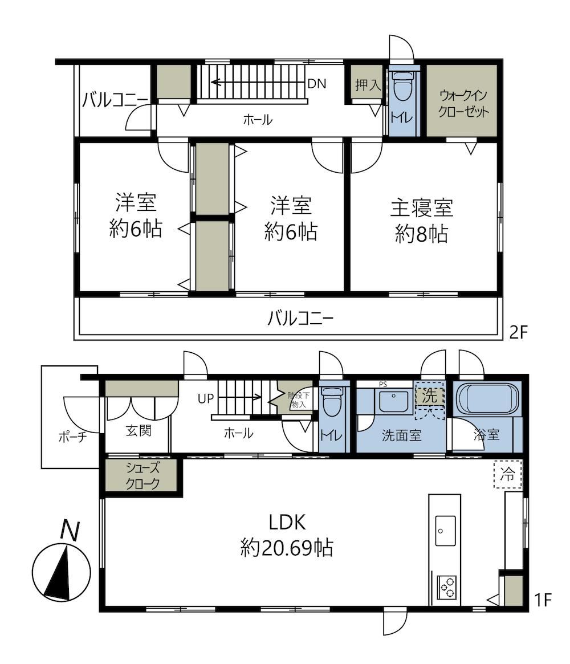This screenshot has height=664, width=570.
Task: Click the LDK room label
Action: (x=287, y=523)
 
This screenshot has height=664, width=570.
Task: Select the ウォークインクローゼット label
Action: (x=463, y=103)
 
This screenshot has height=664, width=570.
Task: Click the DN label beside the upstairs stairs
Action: (x=317, y=84)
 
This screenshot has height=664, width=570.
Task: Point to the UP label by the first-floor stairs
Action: (x=206, y=398)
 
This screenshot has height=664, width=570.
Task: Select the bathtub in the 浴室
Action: (x=487, y=400)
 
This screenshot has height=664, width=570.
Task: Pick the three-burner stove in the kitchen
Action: (x=447, y=587)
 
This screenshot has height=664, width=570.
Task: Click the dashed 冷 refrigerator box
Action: (x=508, y=474)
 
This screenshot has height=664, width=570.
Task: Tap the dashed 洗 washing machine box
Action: (x=429, y=396)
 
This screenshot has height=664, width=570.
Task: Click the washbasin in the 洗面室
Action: (x=393, y=401)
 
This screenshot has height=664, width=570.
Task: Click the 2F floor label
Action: (x=519, y=333)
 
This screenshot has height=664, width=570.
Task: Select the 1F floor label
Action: (x=543, y=600)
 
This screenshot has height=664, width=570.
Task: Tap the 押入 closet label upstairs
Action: (x=368, y=85)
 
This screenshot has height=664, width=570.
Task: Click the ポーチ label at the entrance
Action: (x=72, y=437)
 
